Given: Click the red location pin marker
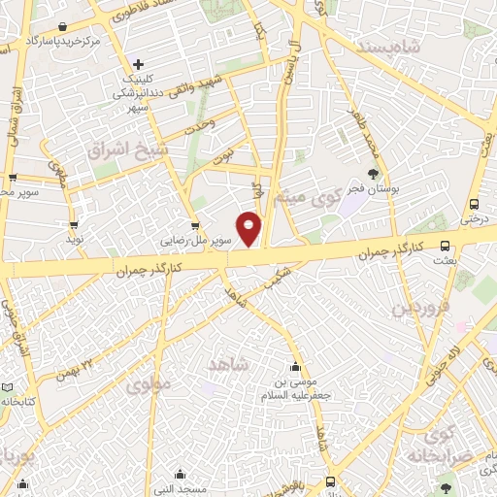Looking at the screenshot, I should click(248, 228).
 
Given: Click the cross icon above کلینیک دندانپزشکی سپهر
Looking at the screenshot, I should click(140, 63).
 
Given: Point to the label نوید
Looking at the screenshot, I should click(76, 238).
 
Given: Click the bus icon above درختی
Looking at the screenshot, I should click(474, 204).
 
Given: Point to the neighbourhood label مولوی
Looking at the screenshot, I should click(147, 384).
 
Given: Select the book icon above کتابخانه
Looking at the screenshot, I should click(8, 387).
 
